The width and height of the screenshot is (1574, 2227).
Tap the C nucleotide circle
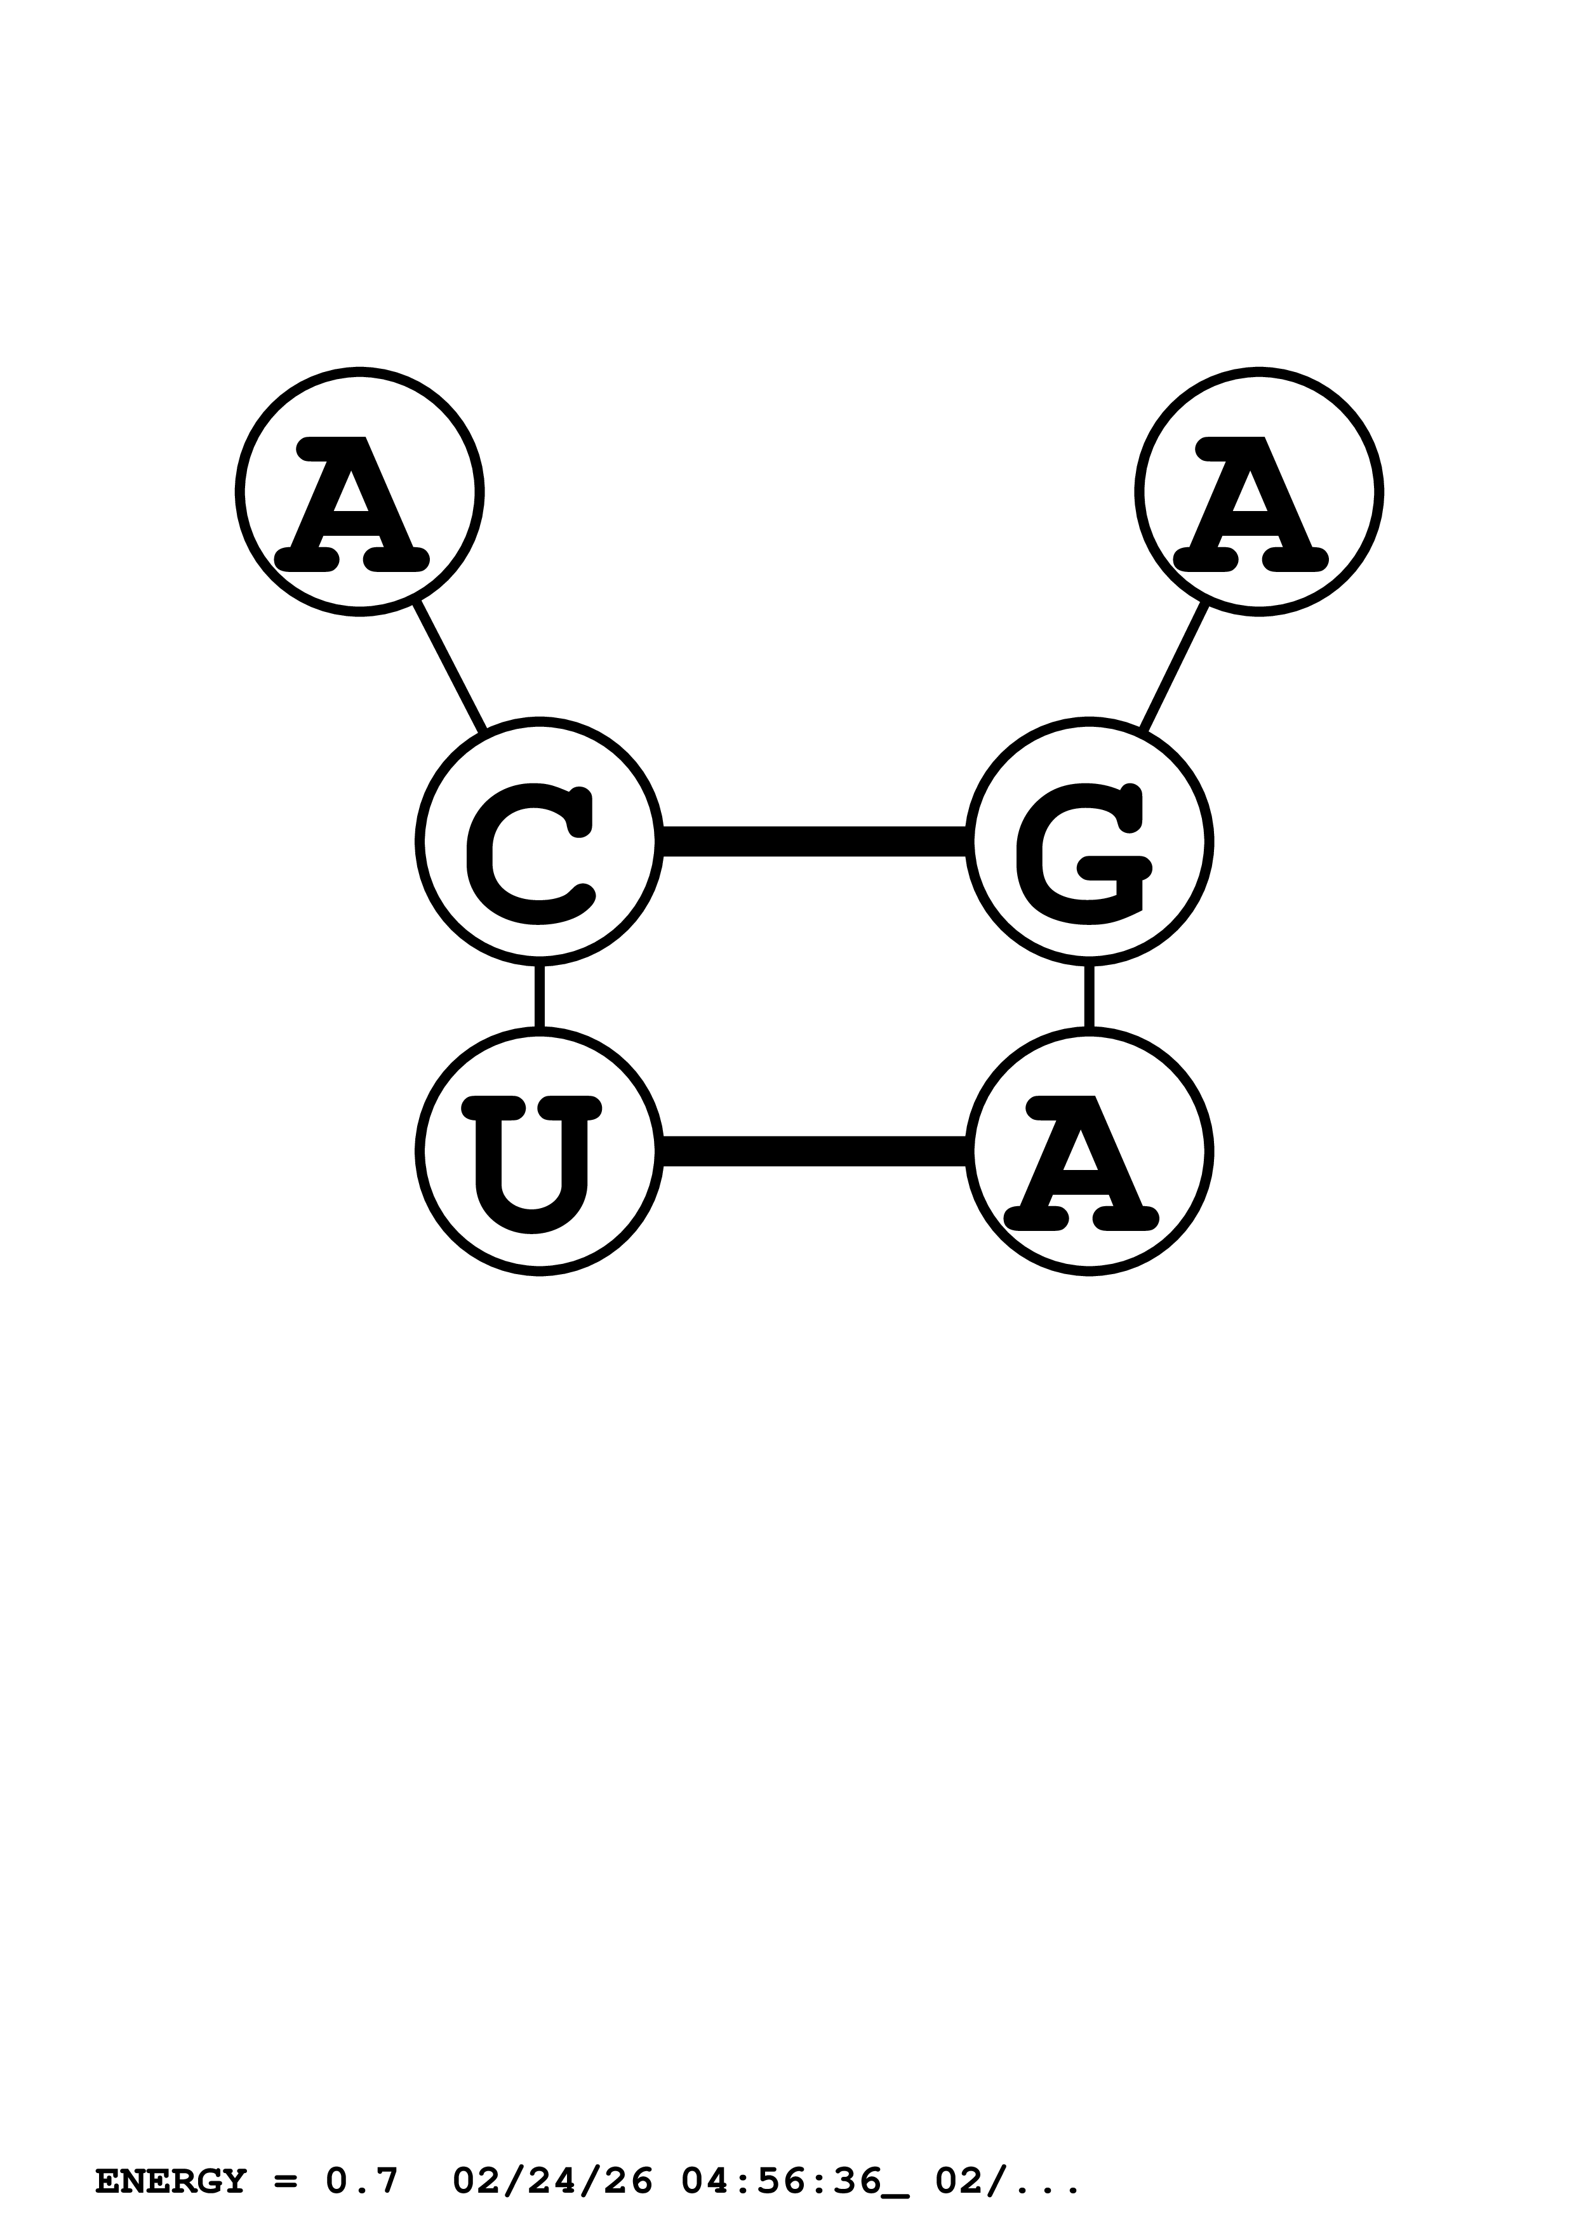pyautogui.click(x=539, y=841)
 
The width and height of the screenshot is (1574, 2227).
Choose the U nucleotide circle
pyautogui.click(x=539, y=1152)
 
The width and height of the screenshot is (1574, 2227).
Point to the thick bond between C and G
pyautogui.click(x=815, y=841)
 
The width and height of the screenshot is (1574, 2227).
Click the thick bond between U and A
pyautogui.click(x=815, y=1152)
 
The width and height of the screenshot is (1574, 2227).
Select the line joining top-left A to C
pyautogui.click(x=449, y=667)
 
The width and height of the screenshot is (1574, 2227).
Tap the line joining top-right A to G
pyautogui.click(x=1175, y=667)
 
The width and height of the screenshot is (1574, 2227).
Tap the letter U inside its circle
pyautogui.click(x=531, y=1163)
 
